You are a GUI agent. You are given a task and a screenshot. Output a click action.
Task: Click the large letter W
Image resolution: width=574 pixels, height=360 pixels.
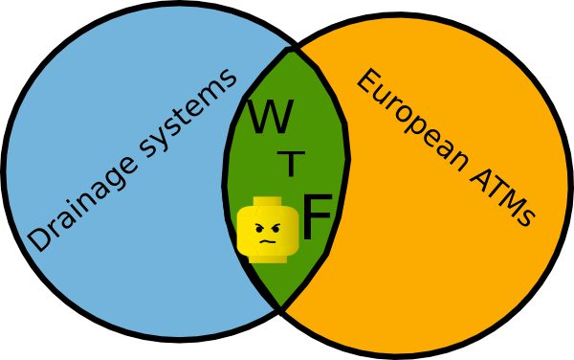[x=270, y=118]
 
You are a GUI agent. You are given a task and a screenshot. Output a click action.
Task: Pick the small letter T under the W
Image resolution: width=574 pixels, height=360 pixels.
[x=290, y=165]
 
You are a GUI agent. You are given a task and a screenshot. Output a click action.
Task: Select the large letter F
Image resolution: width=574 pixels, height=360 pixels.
[x=317, y=218]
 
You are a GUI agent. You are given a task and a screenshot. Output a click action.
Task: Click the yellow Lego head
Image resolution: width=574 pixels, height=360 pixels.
[x=267, y=230]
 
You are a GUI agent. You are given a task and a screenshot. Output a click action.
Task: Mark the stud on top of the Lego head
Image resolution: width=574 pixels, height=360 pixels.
[x=267, y=202]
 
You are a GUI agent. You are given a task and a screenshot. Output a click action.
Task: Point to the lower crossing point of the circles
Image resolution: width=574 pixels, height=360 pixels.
[x=280, y=308]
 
